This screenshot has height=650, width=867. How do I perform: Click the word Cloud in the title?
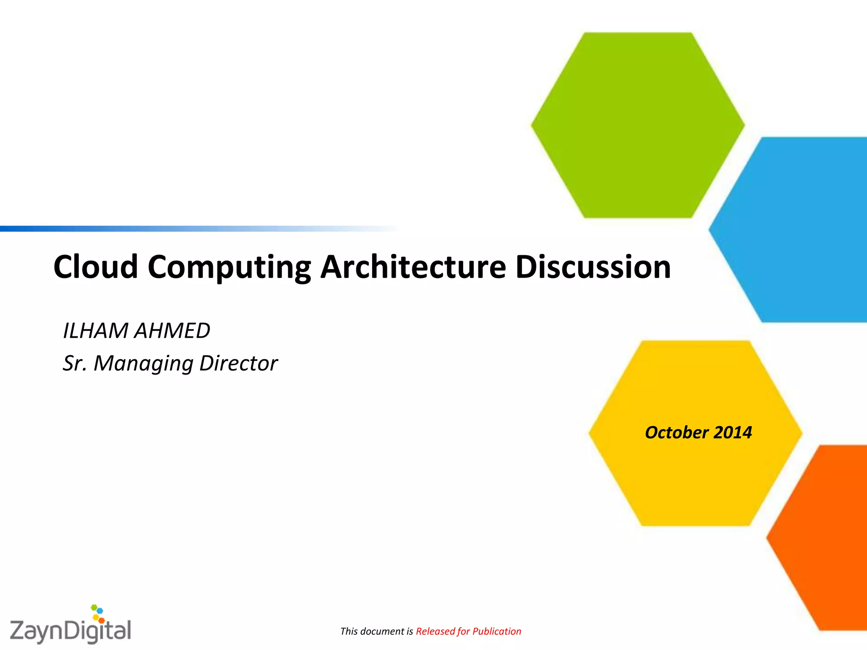coord(96,267)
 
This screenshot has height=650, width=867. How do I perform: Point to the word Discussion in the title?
coord(593,267)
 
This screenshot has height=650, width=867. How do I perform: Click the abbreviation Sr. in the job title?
coord(75,364)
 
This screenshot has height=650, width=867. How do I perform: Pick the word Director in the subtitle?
coord(238,364)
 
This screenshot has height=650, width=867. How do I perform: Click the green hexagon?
coord(638,125)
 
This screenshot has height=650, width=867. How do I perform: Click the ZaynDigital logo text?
coord(70,631)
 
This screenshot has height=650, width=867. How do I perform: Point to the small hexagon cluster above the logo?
coord(98,614)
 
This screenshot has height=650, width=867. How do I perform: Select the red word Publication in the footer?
coord(497,631)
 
